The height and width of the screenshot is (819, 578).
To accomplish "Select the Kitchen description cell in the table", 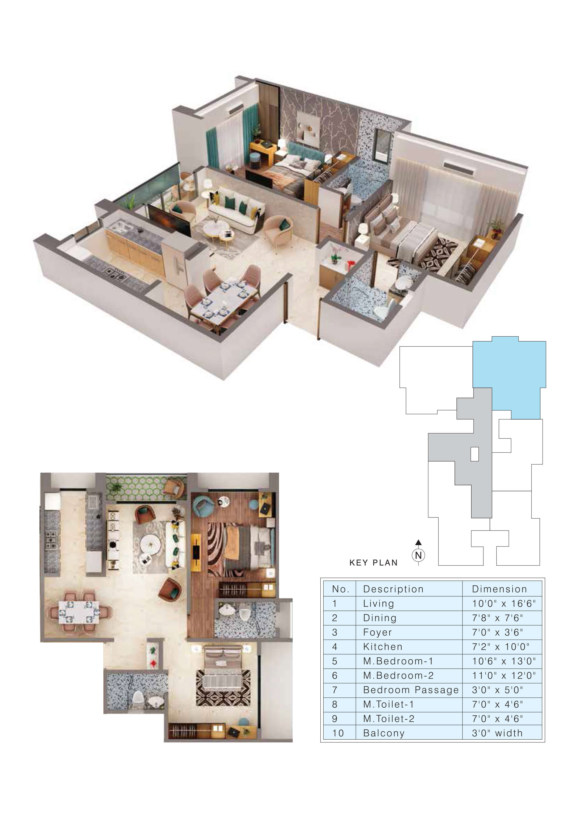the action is click(409, 647).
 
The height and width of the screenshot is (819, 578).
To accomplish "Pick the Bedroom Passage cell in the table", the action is click(409, 690).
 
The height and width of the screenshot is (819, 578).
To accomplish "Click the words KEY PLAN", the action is click(373, 563).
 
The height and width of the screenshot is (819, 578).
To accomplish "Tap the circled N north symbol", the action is click(419, 555).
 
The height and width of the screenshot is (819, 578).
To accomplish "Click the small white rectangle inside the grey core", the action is click(475, 454).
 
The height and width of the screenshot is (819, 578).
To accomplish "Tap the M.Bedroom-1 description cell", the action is click(409, 661).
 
